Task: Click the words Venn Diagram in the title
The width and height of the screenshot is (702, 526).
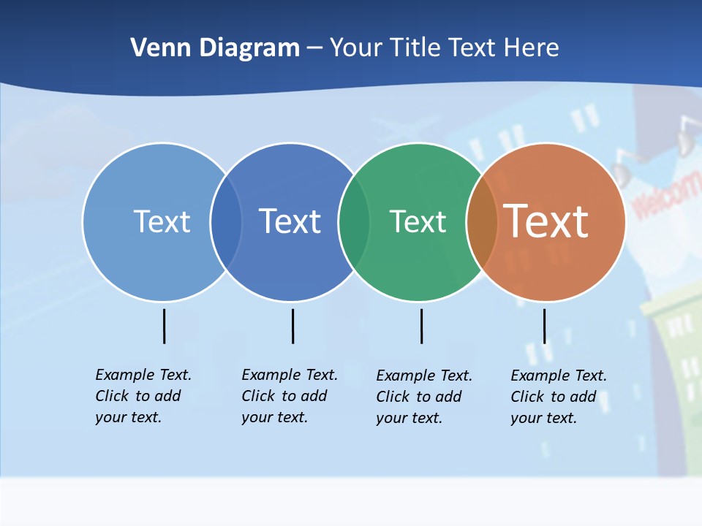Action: [215, 48]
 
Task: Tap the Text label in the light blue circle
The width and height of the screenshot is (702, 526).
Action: [162, 221]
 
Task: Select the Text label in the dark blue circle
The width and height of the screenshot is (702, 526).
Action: [290, 221]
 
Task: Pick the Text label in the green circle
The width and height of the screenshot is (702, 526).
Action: [418, 221]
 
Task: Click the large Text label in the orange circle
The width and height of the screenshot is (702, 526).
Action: [546, 221]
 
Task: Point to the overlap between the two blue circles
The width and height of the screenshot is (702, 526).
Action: [226, 221]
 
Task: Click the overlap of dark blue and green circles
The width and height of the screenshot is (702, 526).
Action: [354, 221]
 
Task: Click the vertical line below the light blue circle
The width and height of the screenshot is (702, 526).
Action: [164, 326]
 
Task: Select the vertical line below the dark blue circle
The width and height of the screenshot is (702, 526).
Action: [292, 326]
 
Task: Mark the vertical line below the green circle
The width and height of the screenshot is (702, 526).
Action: [421, 326]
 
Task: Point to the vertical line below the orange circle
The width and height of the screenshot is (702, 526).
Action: [544, 326]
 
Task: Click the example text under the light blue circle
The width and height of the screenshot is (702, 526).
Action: [143, 396]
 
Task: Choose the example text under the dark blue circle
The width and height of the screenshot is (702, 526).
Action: [290, 396]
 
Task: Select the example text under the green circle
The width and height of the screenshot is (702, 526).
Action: [424, 397]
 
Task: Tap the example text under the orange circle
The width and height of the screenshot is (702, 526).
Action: [559, 397]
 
